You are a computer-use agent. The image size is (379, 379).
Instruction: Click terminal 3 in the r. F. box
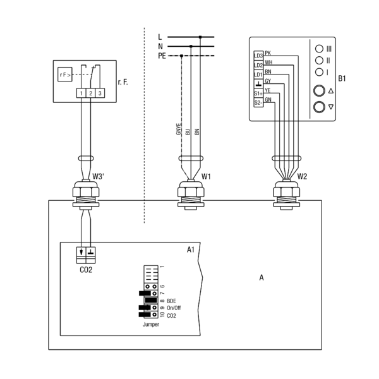pos(100,93)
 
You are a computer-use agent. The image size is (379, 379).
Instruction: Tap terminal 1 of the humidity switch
pos(81,93)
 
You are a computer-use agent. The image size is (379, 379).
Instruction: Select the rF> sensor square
pos(65,74)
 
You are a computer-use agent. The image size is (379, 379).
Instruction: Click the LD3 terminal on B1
pos(258,56)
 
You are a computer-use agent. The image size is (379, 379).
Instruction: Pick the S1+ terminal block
pos(258,93)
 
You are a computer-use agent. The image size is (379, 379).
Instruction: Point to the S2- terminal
pos(258,103)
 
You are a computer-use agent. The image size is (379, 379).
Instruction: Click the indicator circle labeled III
pos(319,49)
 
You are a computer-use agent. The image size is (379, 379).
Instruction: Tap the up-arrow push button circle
pos(319,91)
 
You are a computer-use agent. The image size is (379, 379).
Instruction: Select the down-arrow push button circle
pos(319,107)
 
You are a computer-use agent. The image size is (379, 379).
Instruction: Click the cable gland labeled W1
pos(191,194)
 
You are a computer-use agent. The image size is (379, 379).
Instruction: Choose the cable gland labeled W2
pos(286,194)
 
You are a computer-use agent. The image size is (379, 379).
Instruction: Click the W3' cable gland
pos(86,194)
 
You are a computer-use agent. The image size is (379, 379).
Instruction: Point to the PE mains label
pos(162,56)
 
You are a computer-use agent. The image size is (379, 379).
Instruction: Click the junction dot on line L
pos(200,37)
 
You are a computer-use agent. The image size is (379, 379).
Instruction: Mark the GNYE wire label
pos(178,129)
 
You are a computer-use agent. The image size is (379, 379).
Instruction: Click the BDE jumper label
pos(171,301)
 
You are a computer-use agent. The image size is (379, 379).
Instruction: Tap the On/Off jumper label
pos(174,308)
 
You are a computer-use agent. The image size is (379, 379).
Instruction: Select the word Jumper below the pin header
pos(151,325)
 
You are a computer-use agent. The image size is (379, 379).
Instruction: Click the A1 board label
pos(191,250)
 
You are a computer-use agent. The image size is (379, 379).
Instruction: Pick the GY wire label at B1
pos(268,81)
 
